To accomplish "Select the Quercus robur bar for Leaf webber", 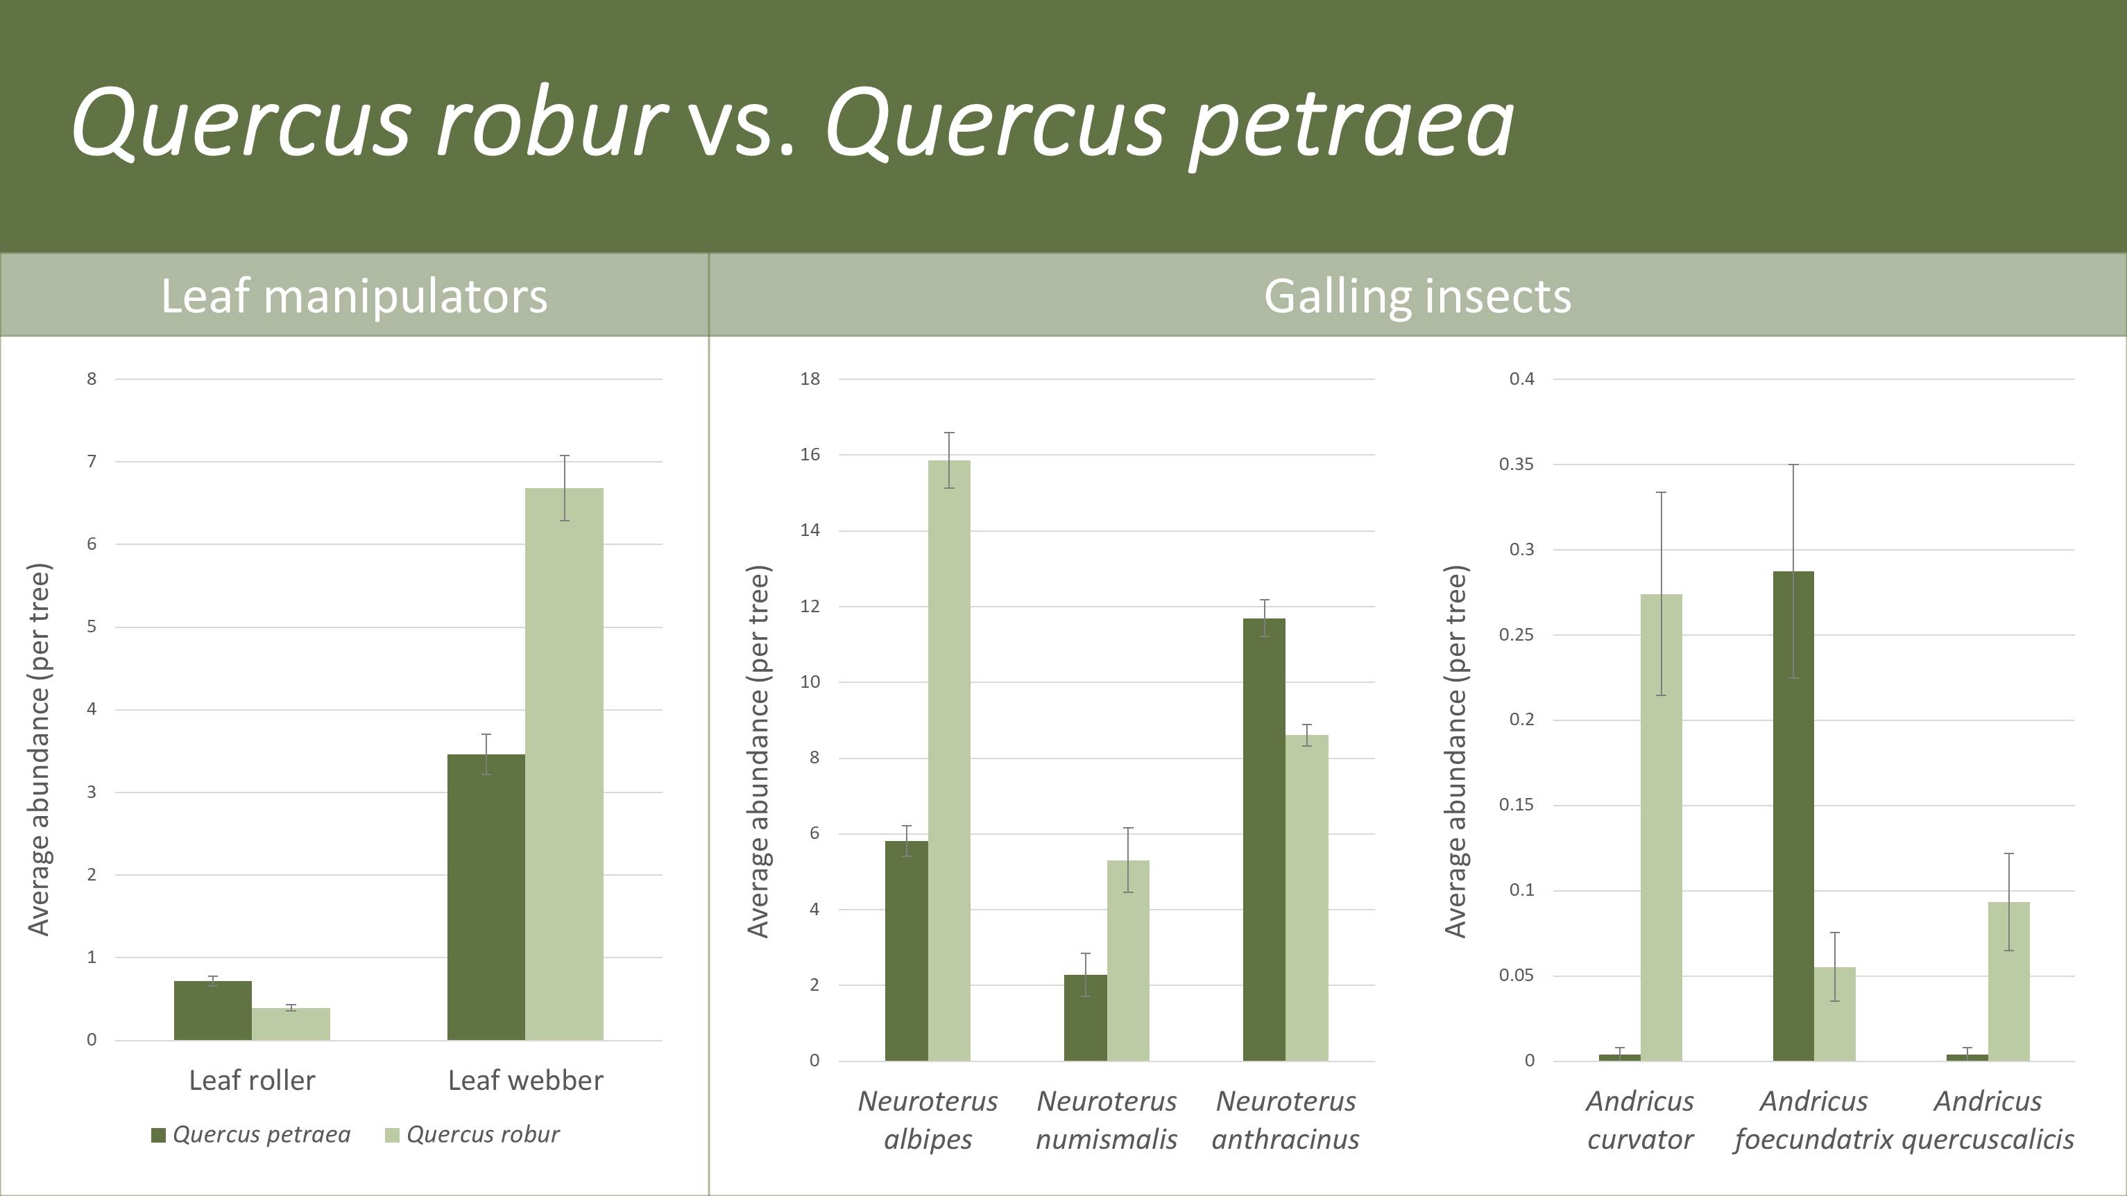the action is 564,764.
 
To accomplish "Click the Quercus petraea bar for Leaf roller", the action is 213,1010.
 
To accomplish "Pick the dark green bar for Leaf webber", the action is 486,897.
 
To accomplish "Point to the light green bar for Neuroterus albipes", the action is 950,760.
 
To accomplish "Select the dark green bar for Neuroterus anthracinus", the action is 1264,840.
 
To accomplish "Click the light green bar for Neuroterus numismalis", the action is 1128,961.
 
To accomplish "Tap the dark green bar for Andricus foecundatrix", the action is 1793,815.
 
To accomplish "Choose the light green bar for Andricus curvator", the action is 1662,827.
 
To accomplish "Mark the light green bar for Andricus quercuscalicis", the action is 2009,981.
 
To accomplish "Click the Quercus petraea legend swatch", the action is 159,1136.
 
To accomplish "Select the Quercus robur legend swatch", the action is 392,1136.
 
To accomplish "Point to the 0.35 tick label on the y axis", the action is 1516,465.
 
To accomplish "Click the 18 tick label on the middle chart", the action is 810,379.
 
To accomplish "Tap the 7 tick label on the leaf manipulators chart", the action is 92,461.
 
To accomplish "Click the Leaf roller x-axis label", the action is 252,1080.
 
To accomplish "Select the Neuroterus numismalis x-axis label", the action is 1107,1120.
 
